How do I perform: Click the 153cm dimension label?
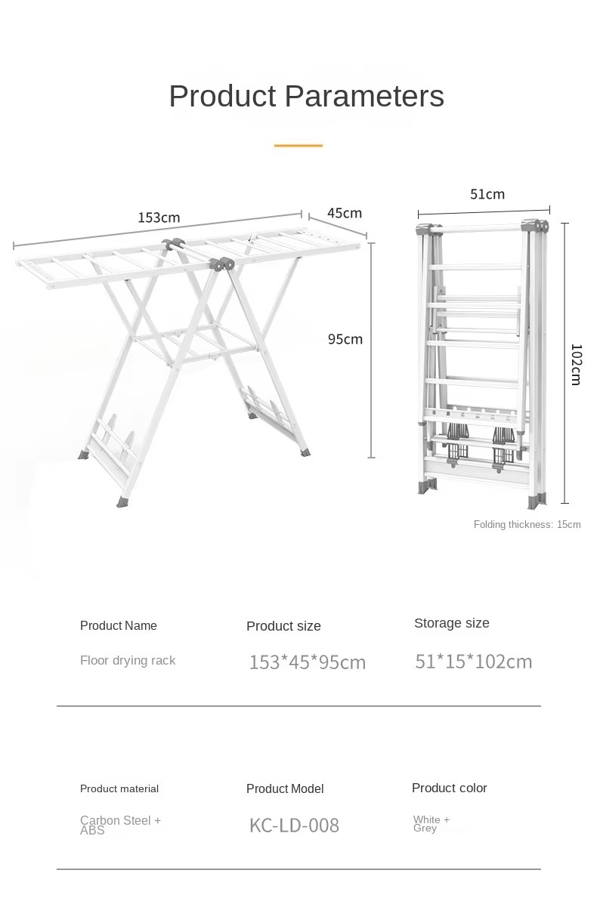coord(159,218)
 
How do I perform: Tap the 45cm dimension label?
coord(345,213)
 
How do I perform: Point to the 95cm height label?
coord(345,339)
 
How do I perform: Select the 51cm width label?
coord(487,193)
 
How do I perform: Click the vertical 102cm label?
coord(576,364)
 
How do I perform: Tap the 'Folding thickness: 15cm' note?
coord(527,524)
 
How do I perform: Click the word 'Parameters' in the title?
coord(364,96)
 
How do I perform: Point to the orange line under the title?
coord(298,145)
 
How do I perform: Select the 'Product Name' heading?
coord(118,625)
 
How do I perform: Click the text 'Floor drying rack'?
coord(128,660)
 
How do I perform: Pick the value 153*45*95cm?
coord(308,662)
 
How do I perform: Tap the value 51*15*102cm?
coord(474,662)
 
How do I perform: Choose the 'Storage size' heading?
coord(452,622)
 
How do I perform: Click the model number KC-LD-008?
coord(294,825)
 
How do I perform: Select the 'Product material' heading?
coord(119,788)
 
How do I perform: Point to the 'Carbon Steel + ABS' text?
coord(121,825)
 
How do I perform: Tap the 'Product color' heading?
coord(450,788)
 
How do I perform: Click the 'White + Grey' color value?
coord(432,824)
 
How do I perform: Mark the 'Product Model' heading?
coord(285,788)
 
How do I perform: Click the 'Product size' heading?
coord(283,626)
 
